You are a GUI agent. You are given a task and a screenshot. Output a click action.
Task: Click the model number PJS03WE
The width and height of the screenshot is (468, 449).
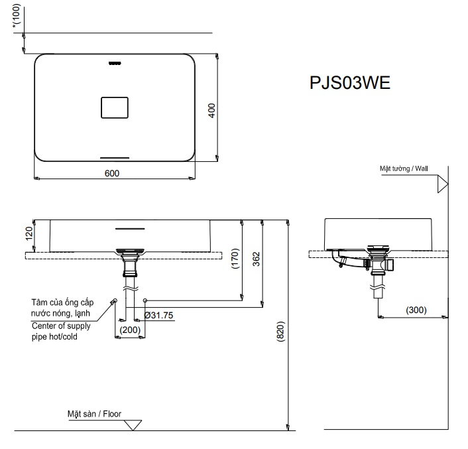350,84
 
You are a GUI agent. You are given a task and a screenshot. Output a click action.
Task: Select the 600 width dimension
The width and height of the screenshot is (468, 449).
112,172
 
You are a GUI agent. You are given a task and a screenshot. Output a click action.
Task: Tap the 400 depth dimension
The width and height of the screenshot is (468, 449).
211,110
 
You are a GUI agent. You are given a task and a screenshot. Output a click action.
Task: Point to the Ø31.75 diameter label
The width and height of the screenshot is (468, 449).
159,316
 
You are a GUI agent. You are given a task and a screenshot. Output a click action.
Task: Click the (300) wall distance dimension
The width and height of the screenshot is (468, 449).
416,310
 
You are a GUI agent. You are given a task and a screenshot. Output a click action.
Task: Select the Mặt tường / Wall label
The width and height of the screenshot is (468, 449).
403,169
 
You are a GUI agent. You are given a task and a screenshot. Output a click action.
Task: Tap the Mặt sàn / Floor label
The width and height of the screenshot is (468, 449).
93,414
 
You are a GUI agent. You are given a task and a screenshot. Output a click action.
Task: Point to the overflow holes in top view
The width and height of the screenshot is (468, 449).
115,64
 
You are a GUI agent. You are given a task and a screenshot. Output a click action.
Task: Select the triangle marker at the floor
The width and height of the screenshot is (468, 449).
133,424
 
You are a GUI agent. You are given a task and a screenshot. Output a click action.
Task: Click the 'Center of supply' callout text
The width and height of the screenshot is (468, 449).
61,326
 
